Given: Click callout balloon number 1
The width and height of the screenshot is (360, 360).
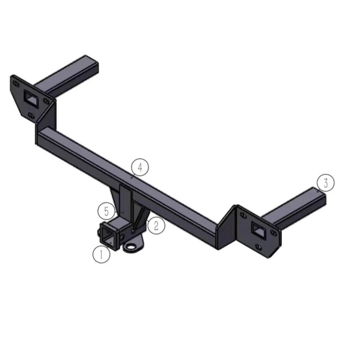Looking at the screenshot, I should [x=101, y=254].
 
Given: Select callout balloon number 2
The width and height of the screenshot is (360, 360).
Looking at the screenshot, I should [x=156, y=225].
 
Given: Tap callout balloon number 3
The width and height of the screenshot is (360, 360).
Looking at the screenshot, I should [x=325, y=183].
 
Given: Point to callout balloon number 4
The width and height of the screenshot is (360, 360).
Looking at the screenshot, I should [x=140, y=167].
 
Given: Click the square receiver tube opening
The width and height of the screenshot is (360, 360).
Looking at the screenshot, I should [x=108, y=235].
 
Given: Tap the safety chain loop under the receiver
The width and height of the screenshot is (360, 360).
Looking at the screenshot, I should [x=131, y=247].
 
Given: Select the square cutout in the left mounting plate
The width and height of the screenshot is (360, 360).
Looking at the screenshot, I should [x=31, y=97].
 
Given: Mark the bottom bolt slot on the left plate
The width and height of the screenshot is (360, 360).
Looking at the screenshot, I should [x=31, y=116].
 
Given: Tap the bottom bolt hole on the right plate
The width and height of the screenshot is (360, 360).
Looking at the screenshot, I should [x=257, y=247].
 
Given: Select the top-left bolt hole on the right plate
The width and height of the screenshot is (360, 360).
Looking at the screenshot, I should [x=243, y=216].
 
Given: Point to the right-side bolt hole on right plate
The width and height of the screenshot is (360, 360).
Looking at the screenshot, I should [x=273, y=233].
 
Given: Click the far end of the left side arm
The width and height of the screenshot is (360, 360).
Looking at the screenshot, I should [x=91, y=63].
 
